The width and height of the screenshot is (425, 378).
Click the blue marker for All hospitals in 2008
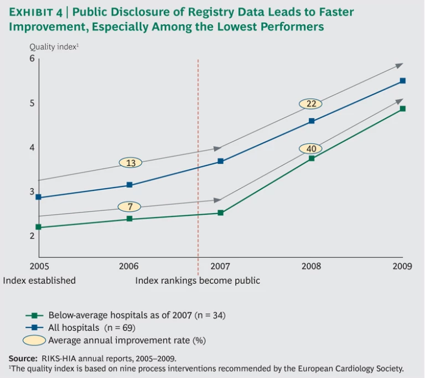(x=312, y=121)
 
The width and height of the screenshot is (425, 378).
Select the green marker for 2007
(x=220, y=213)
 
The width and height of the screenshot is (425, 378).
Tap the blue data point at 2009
(x=403, y=81)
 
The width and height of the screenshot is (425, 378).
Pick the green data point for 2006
(x=129, y=219)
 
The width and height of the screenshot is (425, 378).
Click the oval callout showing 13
(x=131, y=163)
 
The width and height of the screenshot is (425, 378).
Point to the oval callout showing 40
(x=311, y=149)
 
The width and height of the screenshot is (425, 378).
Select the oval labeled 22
(x=311, y=103)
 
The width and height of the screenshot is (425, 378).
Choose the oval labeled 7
(x=131, y=207)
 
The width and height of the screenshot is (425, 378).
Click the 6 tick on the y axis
(x=32, y=59)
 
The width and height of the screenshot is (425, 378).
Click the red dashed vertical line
(x=198, y=166)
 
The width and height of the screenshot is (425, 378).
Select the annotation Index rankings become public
(x=198, y=281)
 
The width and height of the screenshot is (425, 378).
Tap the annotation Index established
(x=39, y=281)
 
